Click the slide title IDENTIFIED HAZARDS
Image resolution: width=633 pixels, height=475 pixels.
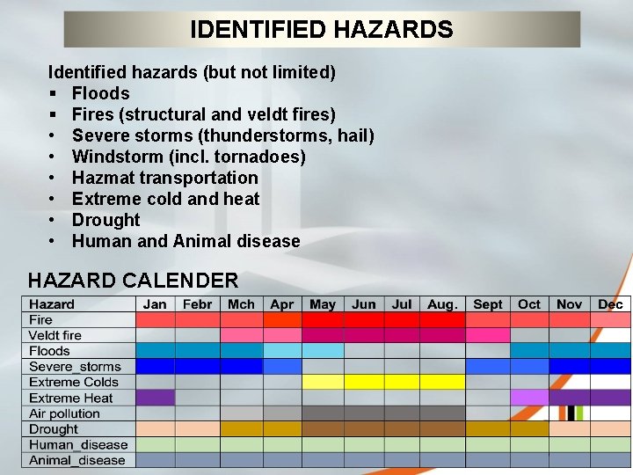click(x=322, y=30)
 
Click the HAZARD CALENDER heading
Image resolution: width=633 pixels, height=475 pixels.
click(x=133, y=281)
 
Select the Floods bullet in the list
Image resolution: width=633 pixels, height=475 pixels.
click(x=100, y=93)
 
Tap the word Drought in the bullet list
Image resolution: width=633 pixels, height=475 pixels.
click(x=105, y=220)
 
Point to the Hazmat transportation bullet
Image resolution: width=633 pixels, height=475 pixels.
click(x=164, y=178)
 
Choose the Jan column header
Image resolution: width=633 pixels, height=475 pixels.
click(x=155, y=304)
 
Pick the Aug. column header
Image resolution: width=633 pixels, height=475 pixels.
click(x=442, y=304)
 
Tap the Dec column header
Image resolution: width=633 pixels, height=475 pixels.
click(x=610, y=304)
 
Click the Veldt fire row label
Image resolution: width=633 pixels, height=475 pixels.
click(x=55, y=335)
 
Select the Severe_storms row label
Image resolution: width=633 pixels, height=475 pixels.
click(x=75, y=367)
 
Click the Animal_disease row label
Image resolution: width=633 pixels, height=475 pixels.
click(x=77, y=460)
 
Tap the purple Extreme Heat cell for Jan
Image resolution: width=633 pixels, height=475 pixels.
click(x=155, y=398)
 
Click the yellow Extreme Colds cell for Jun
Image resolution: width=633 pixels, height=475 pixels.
click(x=363, y=382)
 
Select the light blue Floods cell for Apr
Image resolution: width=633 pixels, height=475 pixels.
click(x=282, y=351)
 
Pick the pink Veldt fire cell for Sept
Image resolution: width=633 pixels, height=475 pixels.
click(x=487, y=335)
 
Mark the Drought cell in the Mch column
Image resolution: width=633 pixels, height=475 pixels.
click(x=241, y=429)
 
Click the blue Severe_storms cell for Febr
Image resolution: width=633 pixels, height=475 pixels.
click(x=197, y=367)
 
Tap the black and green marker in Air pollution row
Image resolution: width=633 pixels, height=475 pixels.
click(x=575, y=413)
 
